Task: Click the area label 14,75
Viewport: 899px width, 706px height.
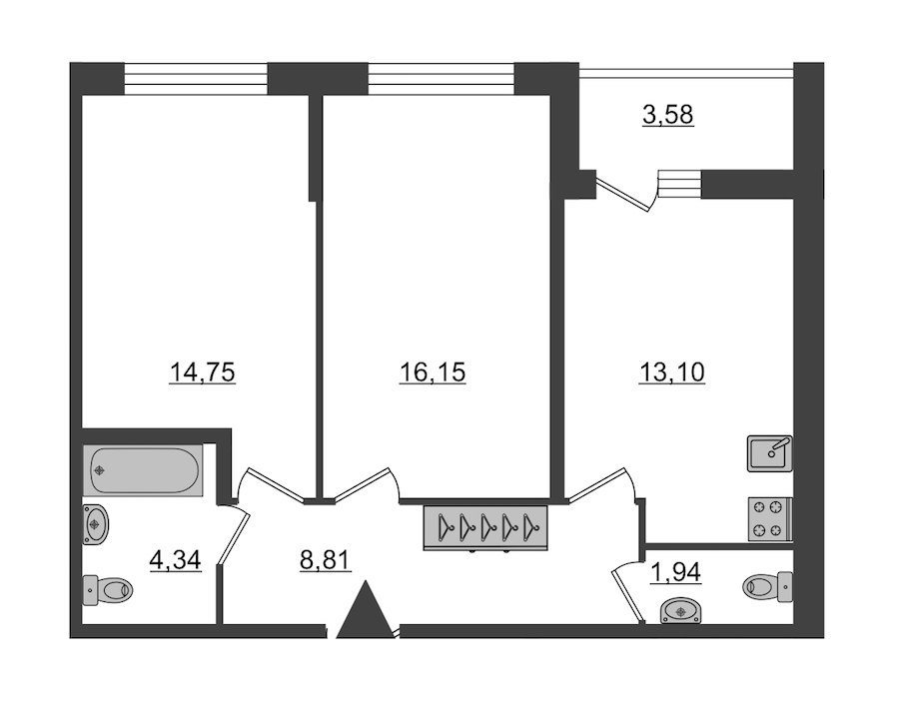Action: (x=203, y=373)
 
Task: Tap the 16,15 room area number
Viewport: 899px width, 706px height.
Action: (x=433, y=373)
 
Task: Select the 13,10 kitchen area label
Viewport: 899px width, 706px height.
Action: (x=672, y=373)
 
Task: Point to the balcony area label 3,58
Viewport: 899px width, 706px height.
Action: (x=668, y=115)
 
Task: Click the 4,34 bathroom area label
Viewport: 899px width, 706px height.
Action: (x=176, y=560)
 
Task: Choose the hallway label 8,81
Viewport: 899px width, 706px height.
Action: (x=325, y=560)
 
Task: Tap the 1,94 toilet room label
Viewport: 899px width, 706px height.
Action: (x=676, y=572)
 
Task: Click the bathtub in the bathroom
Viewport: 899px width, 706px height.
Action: (x=143, y=470)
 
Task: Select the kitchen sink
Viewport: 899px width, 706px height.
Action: (x=770, y=453)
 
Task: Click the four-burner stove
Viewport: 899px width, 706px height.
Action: (x=770, y=519)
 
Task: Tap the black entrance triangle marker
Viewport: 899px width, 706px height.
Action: (x=366, y=609)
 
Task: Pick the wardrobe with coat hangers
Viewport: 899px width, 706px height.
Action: (x=485, y=528)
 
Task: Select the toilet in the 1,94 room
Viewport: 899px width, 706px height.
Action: (x=768, y=586)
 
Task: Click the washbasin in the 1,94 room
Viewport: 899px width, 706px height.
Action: (x=680, y=610)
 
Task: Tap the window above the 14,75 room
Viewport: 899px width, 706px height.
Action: (x=196, y=78)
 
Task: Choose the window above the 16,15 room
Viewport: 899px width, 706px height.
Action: (x=441, y=78)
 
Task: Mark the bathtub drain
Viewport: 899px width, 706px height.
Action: (x=100, y=470)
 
